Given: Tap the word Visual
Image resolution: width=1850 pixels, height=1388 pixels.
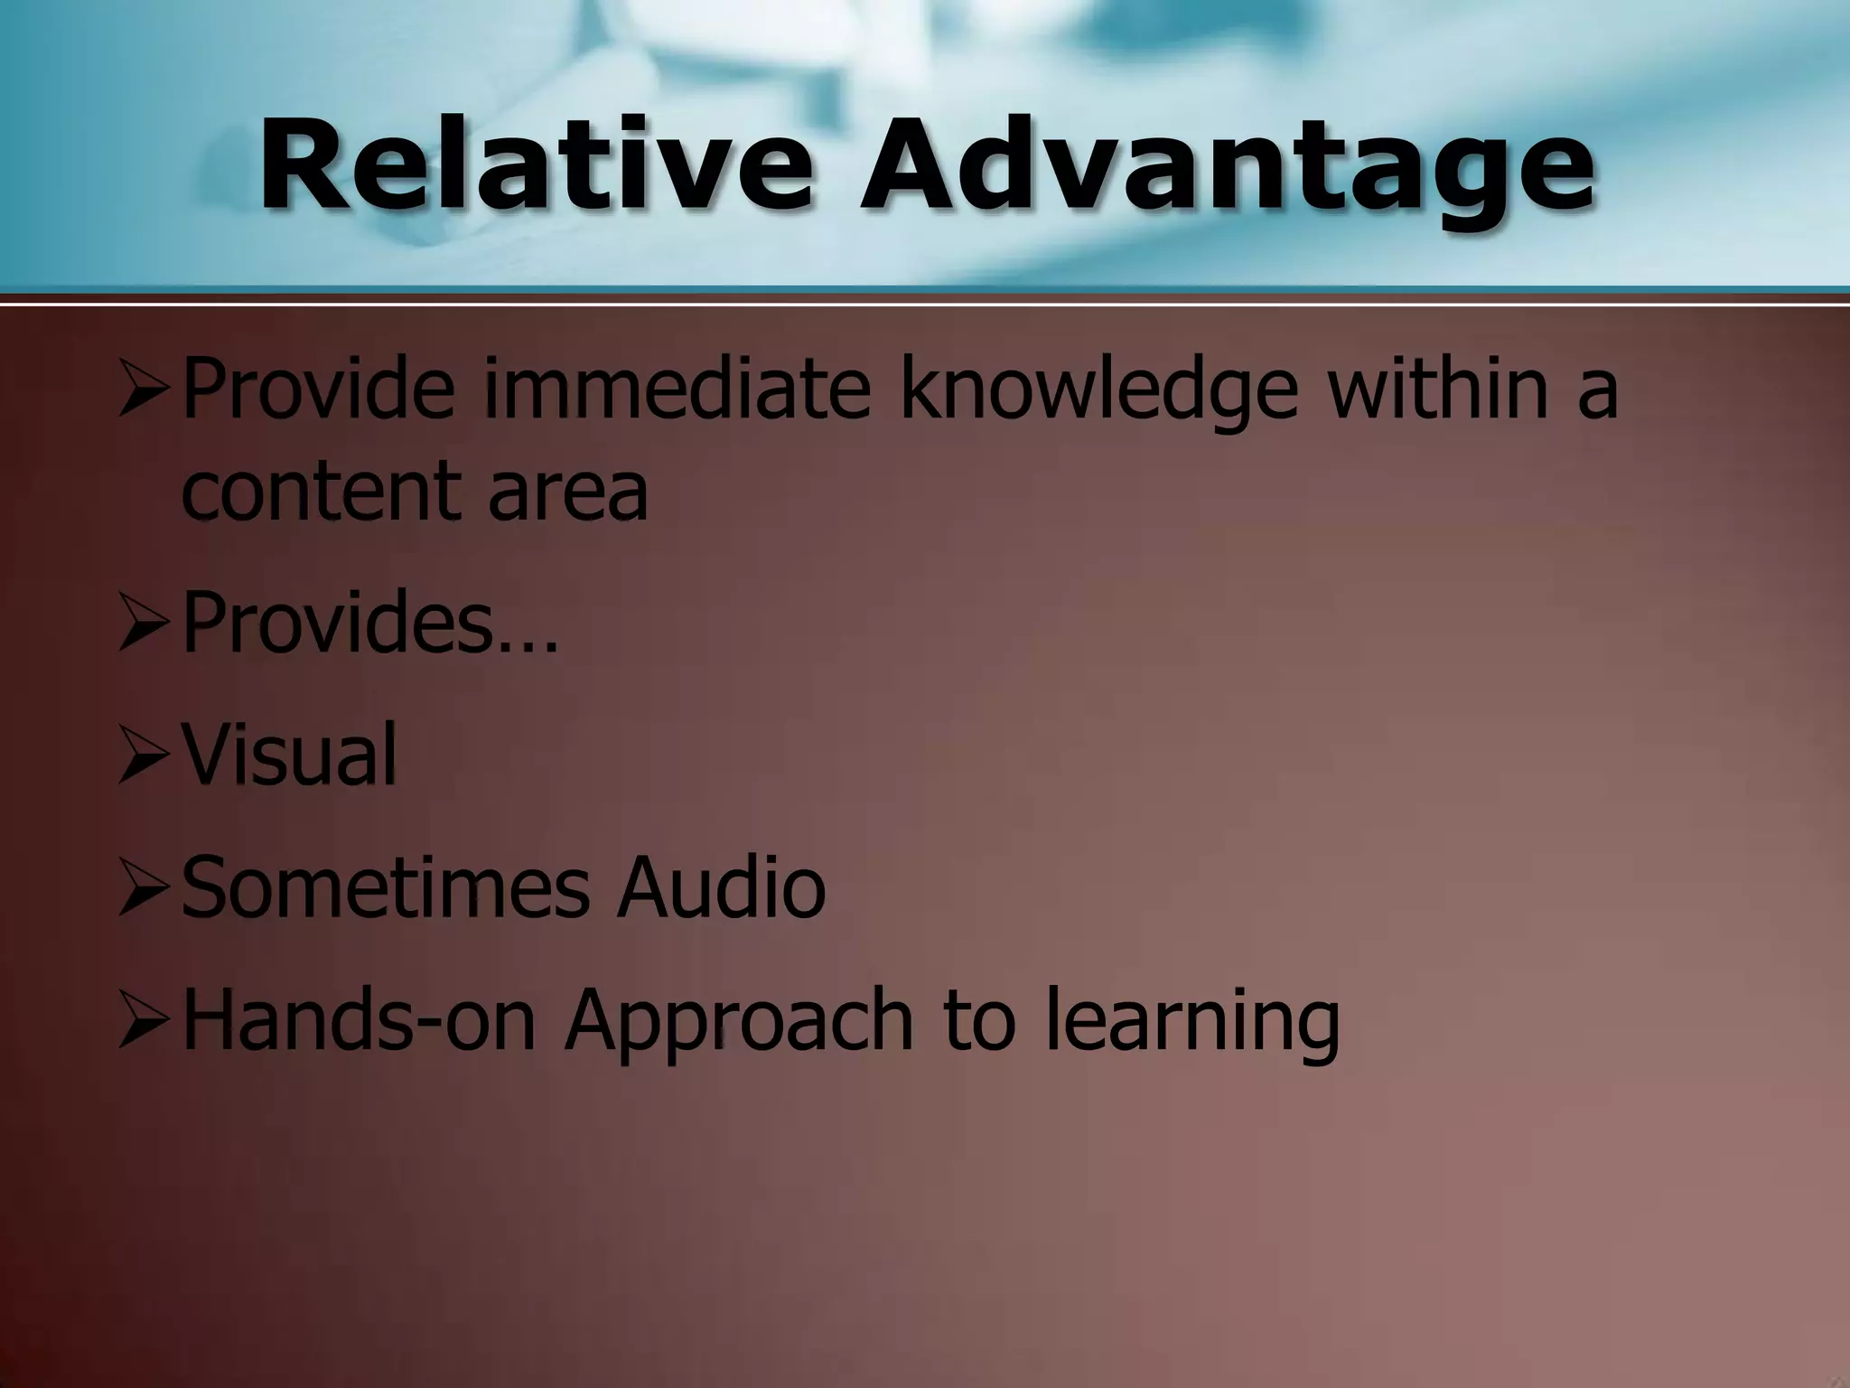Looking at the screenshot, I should tap(290, 755).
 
